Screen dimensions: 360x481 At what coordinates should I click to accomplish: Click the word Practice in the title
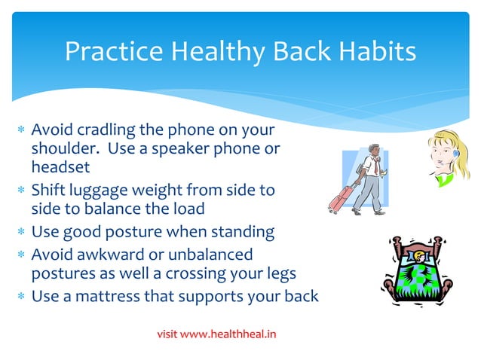tap(113, 51)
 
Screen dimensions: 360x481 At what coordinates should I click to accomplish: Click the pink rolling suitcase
tap(340, 198)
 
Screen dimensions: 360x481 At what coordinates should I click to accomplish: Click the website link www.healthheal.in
tap(230, 332)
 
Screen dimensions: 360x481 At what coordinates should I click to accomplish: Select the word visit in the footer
tap(169, 332)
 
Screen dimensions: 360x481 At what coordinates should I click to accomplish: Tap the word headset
tap(60, 166)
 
